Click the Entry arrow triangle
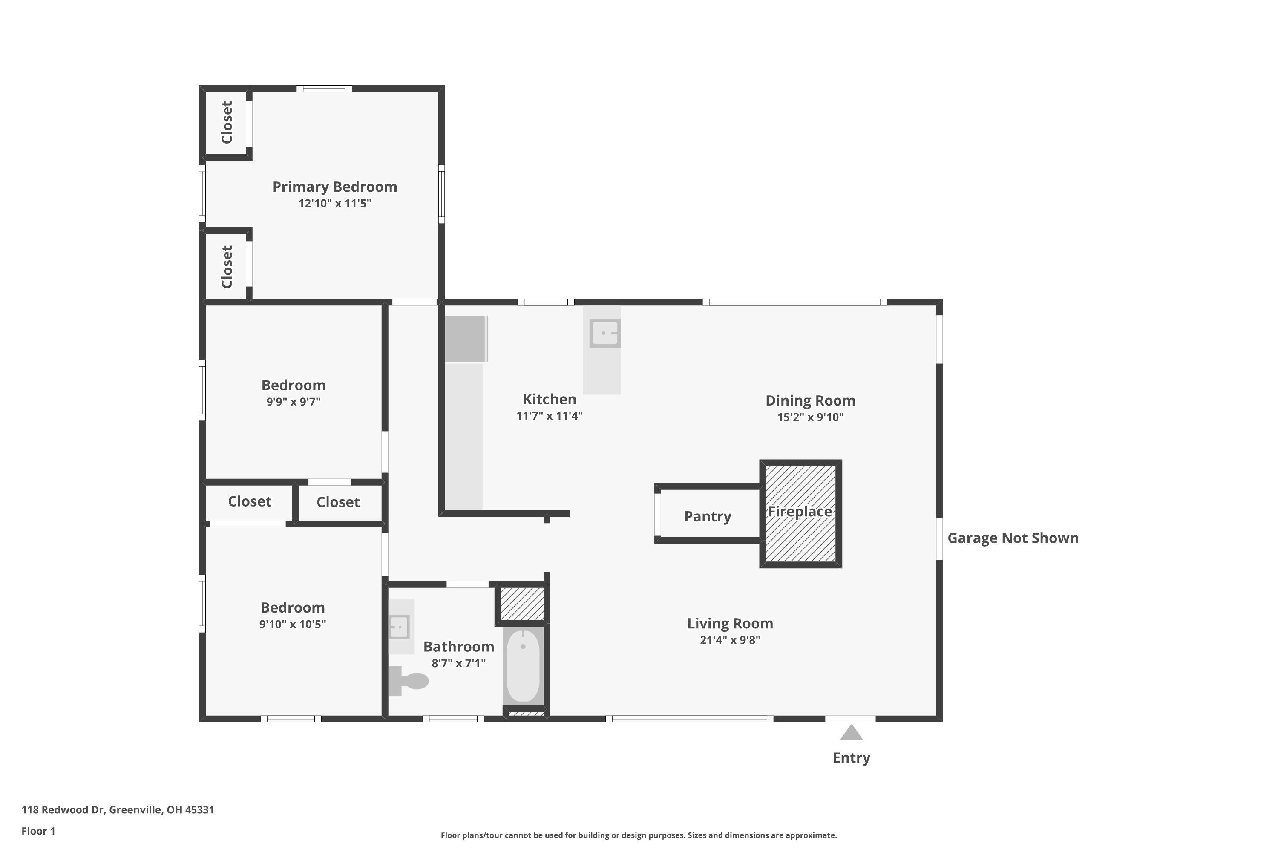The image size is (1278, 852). coord(851,734)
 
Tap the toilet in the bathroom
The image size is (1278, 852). coord(410,681)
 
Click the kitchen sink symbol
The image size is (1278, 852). coord(604,333)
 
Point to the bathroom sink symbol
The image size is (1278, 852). coord(400,627)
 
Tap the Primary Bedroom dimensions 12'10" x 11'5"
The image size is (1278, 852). coord(335,204)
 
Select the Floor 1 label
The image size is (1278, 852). coord(38,831)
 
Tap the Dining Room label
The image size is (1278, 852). coord(810,401)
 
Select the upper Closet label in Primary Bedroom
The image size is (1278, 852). coord(227,122)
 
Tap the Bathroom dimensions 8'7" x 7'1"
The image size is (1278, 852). coord(459,663)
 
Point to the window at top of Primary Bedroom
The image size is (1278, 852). coord(324,89)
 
